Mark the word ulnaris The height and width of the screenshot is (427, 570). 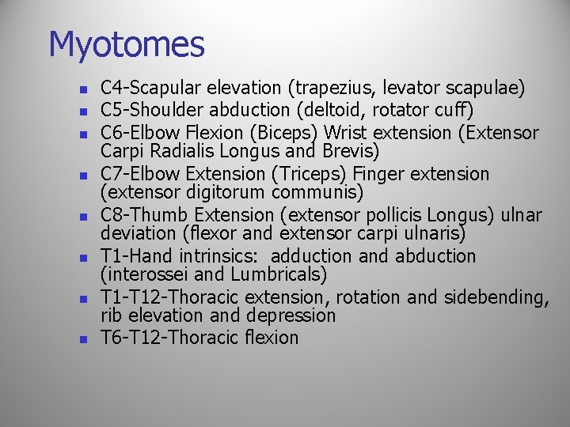point(435,234)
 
